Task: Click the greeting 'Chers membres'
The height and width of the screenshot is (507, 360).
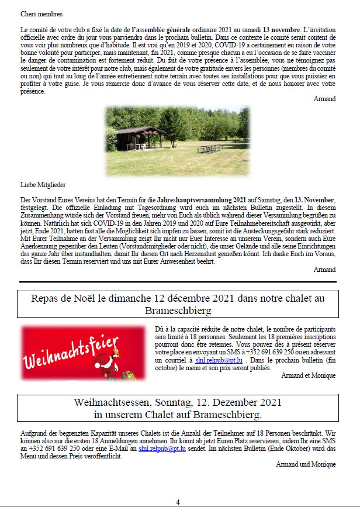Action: (41, 13)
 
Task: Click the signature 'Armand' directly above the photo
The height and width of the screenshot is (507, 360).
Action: (324, 99)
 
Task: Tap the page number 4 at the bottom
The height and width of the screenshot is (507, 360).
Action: (178, 502)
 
